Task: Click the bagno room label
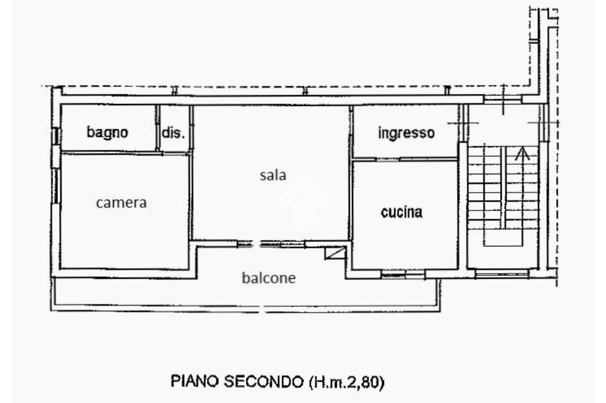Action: coord(107,132)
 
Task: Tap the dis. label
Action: coord(173,133)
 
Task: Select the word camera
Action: coord(121,203)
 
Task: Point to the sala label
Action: coord(273,175)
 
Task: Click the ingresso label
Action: coord(406,133)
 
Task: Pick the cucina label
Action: coord(402,212)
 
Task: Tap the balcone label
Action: coord(269,278)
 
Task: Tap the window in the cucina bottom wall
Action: coord(402,274)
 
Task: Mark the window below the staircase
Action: coord(502,274)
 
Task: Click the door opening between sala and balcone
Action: coord(254,243)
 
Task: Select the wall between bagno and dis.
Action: coord(159,127)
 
